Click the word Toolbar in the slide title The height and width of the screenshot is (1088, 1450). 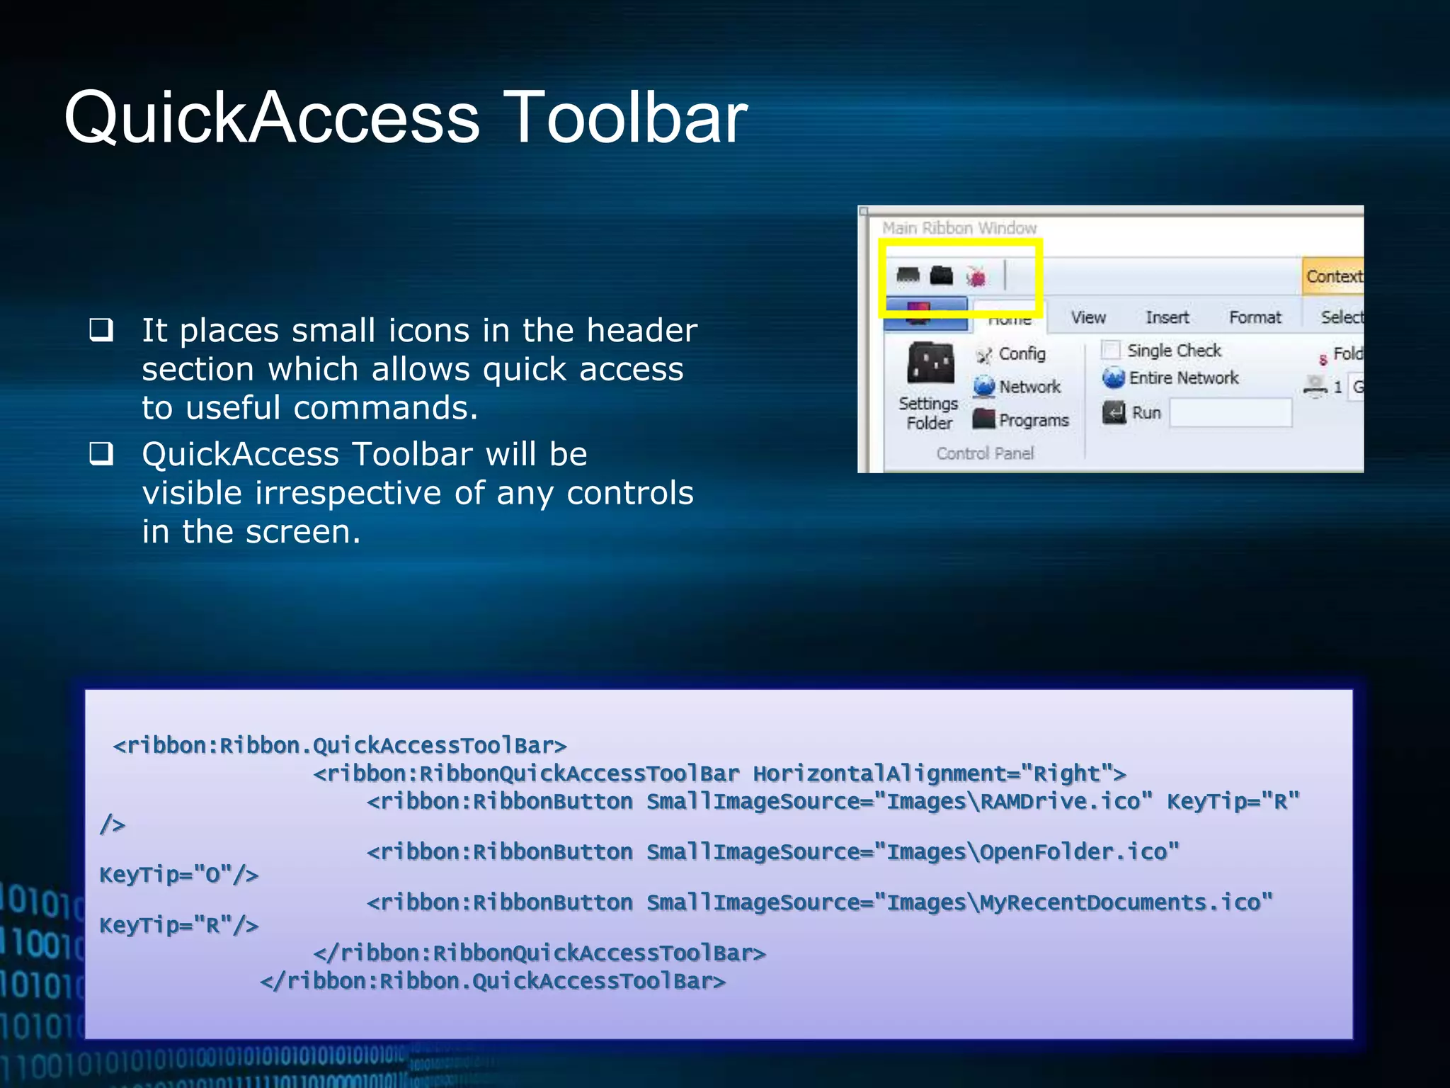627,117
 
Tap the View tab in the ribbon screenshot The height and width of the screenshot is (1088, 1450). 1088,317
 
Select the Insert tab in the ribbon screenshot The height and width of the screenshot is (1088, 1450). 1167,317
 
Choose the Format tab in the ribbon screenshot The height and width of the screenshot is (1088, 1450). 1255,317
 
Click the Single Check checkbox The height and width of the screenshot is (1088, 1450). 1111,350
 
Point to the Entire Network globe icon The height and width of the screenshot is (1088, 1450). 1114,378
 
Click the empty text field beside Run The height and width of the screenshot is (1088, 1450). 1230,413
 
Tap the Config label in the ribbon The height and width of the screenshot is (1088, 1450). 1022,353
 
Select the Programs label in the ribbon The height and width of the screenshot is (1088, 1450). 1034,420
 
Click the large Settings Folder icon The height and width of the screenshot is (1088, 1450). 930,363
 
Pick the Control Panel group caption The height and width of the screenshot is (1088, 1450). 985,453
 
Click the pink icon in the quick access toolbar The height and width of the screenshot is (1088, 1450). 976,276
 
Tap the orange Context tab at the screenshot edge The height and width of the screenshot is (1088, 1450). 1333,276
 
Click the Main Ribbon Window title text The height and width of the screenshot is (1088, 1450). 959,228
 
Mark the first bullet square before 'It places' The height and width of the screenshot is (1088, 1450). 101,330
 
